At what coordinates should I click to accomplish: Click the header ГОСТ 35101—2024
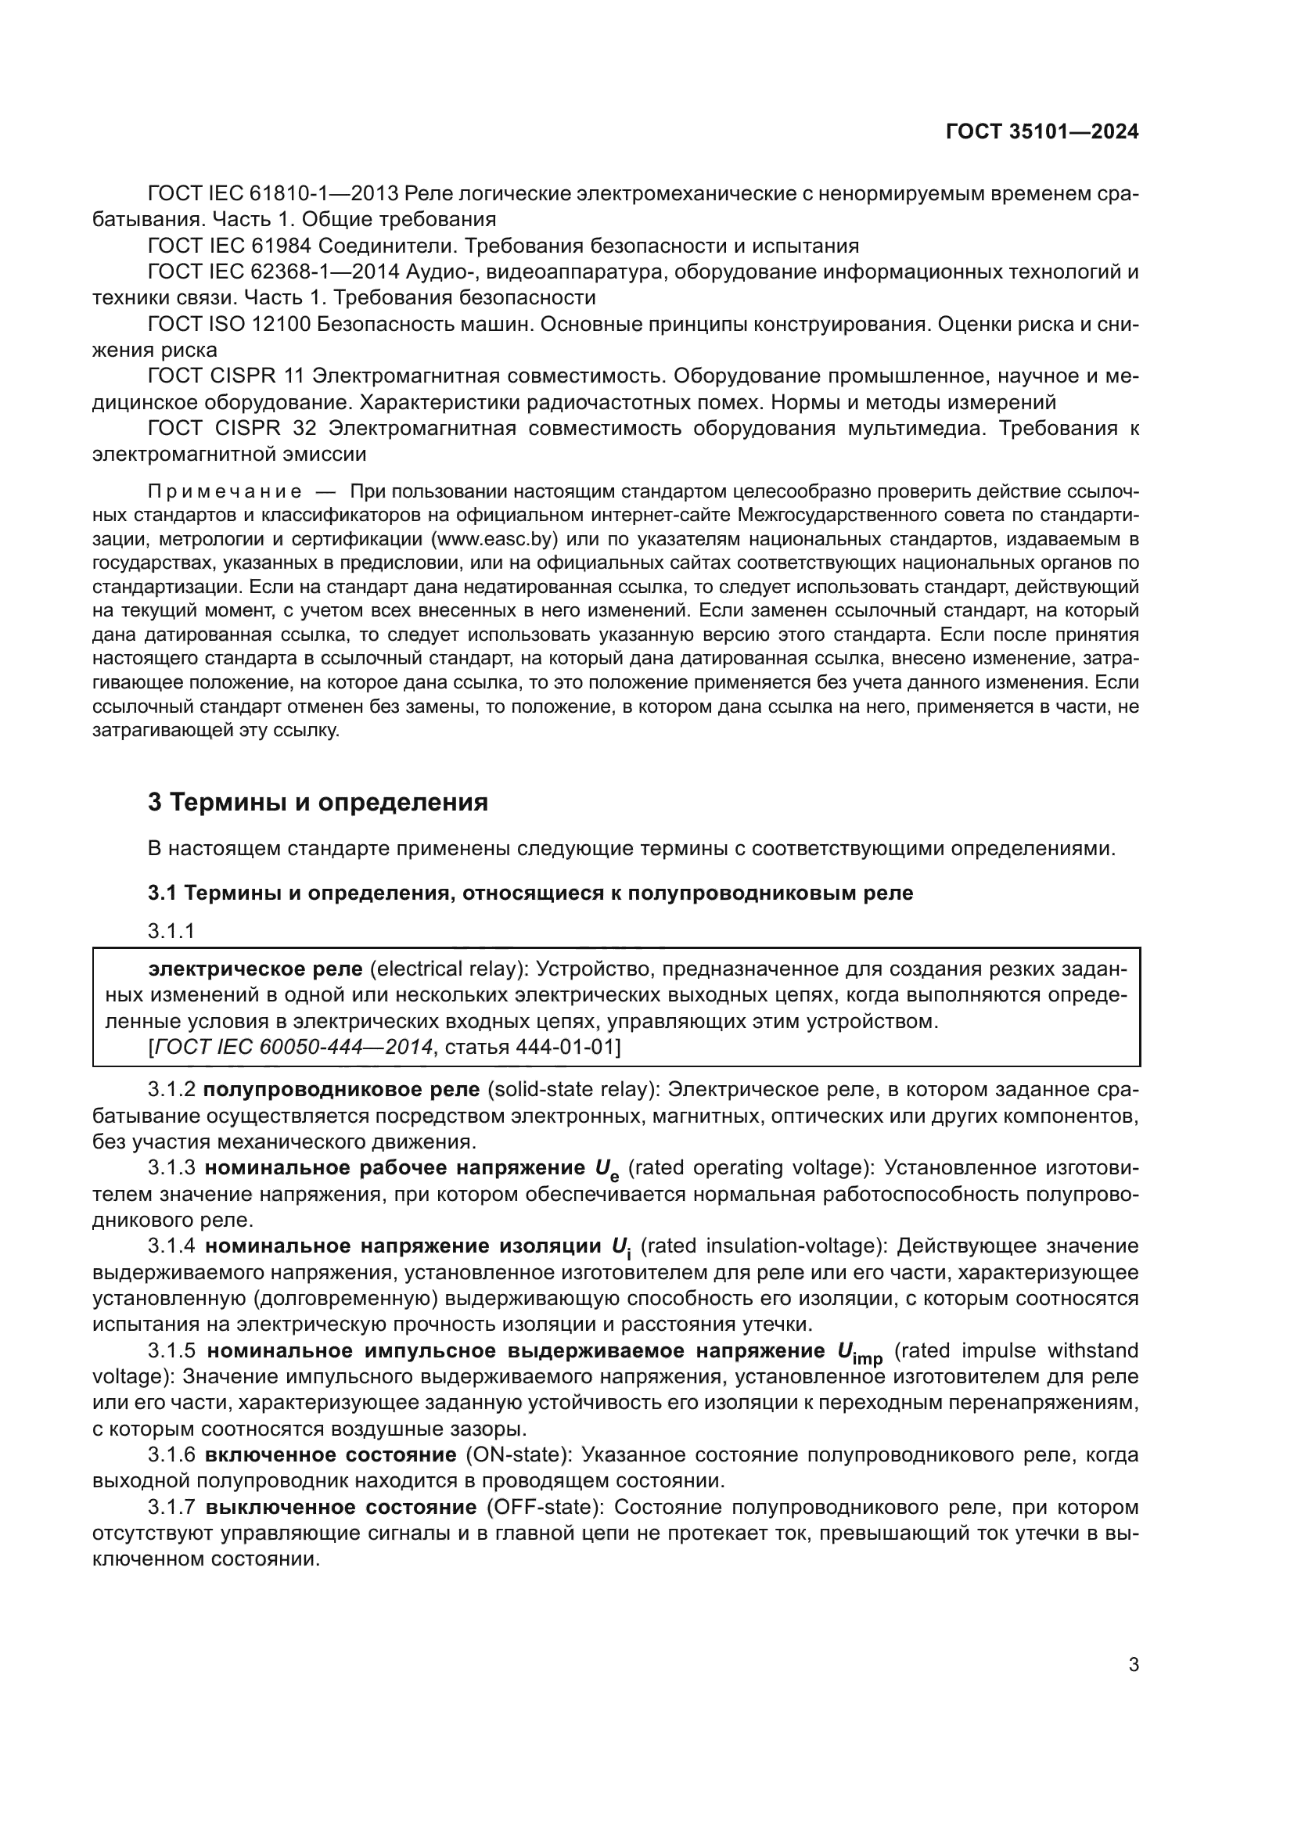[1041, 132]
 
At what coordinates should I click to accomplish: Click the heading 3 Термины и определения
[318, 802]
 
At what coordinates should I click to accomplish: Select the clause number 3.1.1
[171, 930]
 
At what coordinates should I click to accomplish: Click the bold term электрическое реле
[255, 969]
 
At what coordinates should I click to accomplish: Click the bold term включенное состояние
[330, 1454]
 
